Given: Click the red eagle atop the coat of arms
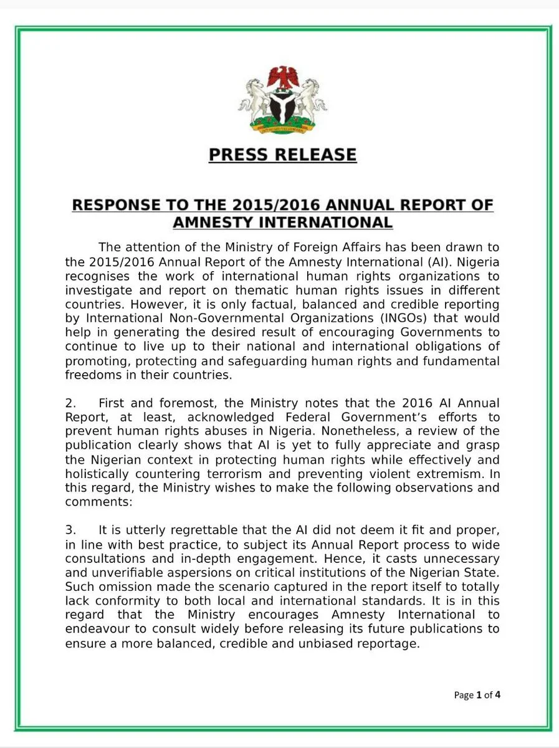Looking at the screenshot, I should click(x=282, y=77).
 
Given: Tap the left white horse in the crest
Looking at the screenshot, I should click(x=254, y=99).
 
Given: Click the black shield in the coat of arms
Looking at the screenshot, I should click(x=282, y=107).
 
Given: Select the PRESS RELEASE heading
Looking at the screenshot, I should click(x=282, y=155).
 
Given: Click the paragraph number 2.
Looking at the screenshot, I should click(x=70, y=404).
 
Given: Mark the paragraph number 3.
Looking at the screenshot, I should click(x=70, y=530).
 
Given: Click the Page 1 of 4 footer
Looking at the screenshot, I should click(x=477, y=694).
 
